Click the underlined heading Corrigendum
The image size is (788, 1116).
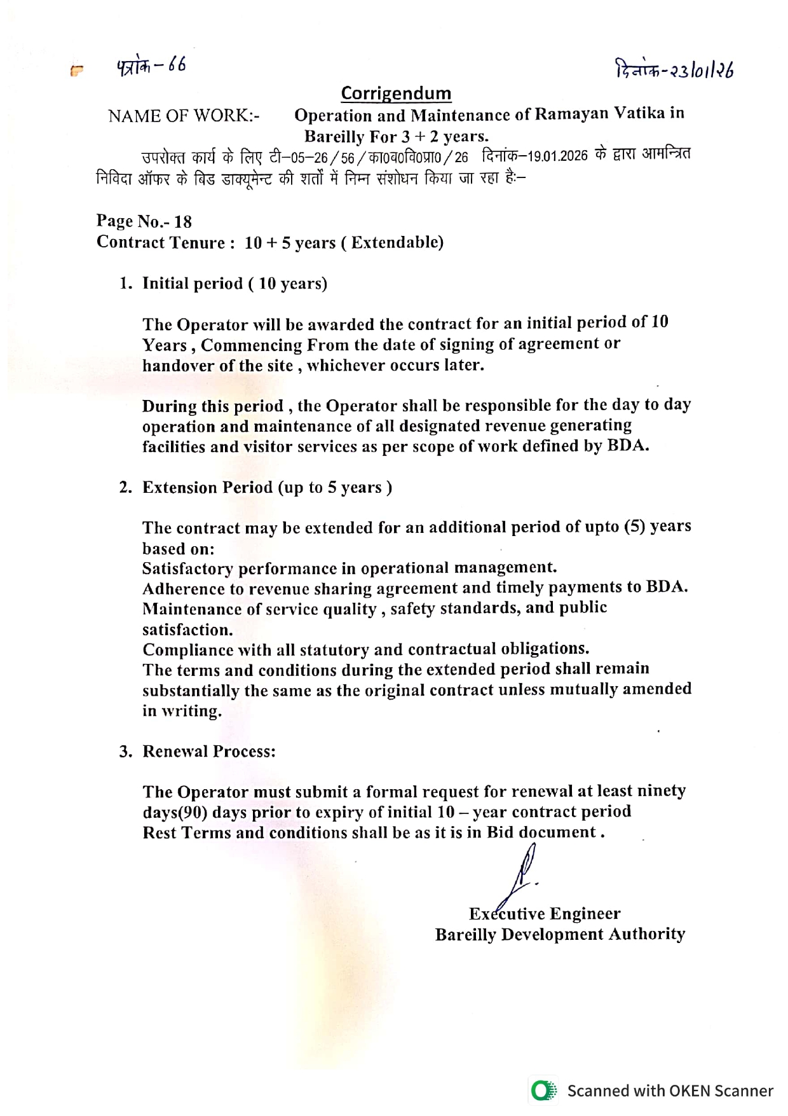click(396, 93)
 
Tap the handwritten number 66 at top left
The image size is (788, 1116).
click(177, 65)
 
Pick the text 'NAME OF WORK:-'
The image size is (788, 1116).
click(184, 116)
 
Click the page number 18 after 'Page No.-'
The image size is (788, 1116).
click(183, 221)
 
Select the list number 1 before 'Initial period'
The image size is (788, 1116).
click(125, 284)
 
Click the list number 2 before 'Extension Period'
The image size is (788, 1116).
click(125, 488)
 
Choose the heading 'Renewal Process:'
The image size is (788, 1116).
click(209, 752)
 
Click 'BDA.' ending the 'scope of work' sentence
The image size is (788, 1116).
click(628, 446)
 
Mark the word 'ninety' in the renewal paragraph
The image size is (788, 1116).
click(661, 791)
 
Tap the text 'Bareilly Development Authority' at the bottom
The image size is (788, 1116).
click(560, 934)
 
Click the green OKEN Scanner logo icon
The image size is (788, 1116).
click(543, 1091)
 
